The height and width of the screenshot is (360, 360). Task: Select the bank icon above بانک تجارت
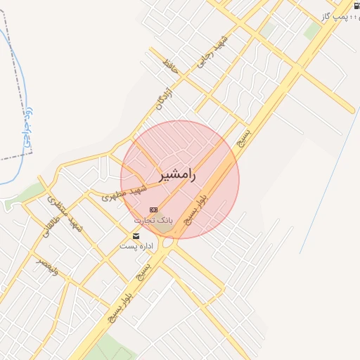[154, 210]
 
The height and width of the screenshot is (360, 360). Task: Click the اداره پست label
[136, 246]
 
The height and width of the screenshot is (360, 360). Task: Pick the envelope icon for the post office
[136, 236]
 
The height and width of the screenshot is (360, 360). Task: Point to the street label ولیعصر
[48, 268]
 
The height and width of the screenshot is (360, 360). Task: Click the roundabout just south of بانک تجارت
[167, 243]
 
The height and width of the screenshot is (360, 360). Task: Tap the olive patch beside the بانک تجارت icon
[163, 214]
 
